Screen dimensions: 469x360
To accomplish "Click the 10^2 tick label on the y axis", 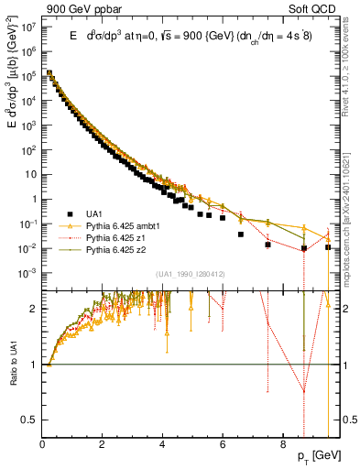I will point(28,149).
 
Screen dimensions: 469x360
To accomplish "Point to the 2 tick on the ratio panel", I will point(35,308).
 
